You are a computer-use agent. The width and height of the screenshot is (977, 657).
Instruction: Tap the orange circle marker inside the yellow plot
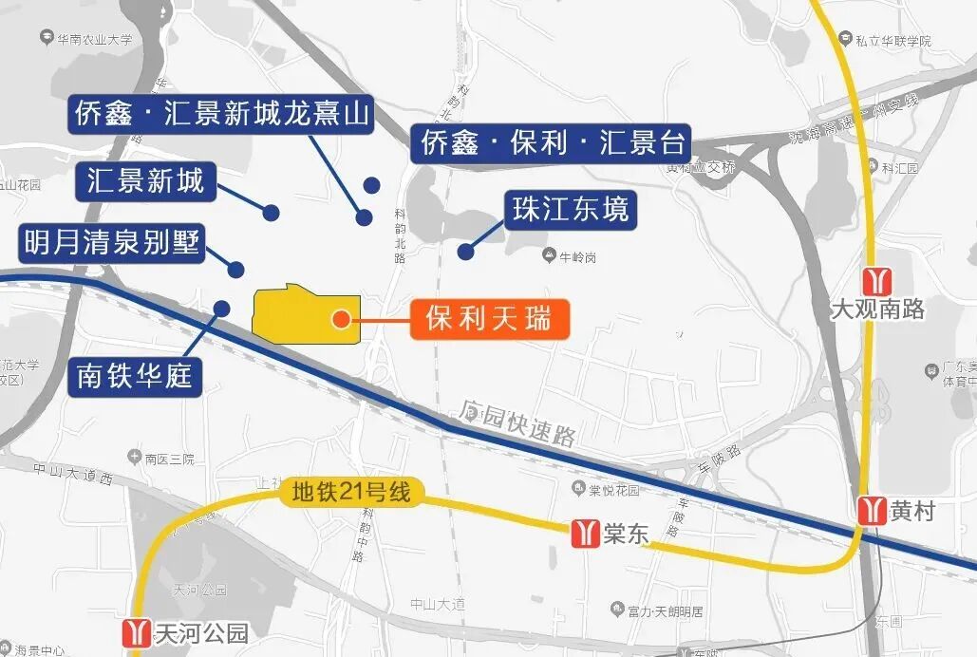point(341,320)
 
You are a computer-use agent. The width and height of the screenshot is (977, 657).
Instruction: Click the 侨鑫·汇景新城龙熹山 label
point(220,115)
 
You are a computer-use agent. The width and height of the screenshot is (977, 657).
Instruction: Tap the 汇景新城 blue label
point(145,180)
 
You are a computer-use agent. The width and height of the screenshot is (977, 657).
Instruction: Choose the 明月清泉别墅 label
point(112,244)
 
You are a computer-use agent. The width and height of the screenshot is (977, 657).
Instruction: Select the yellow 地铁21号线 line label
point(351,493)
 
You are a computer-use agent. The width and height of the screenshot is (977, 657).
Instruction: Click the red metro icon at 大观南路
point(875,281)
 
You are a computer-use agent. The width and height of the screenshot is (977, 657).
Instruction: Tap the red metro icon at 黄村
point(872,511)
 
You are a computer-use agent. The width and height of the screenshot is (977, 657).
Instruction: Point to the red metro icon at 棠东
point(585,533)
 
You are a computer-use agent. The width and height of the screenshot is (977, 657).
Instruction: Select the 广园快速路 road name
point(518,425)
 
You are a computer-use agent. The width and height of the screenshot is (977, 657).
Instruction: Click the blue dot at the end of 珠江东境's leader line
point(465,252)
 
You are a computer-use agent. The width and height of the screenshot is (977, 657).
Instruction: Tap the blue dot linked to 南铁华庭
point(222,308)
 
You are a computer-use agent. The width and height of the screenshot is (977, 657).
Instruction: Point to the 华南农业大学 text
point(94,39)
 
